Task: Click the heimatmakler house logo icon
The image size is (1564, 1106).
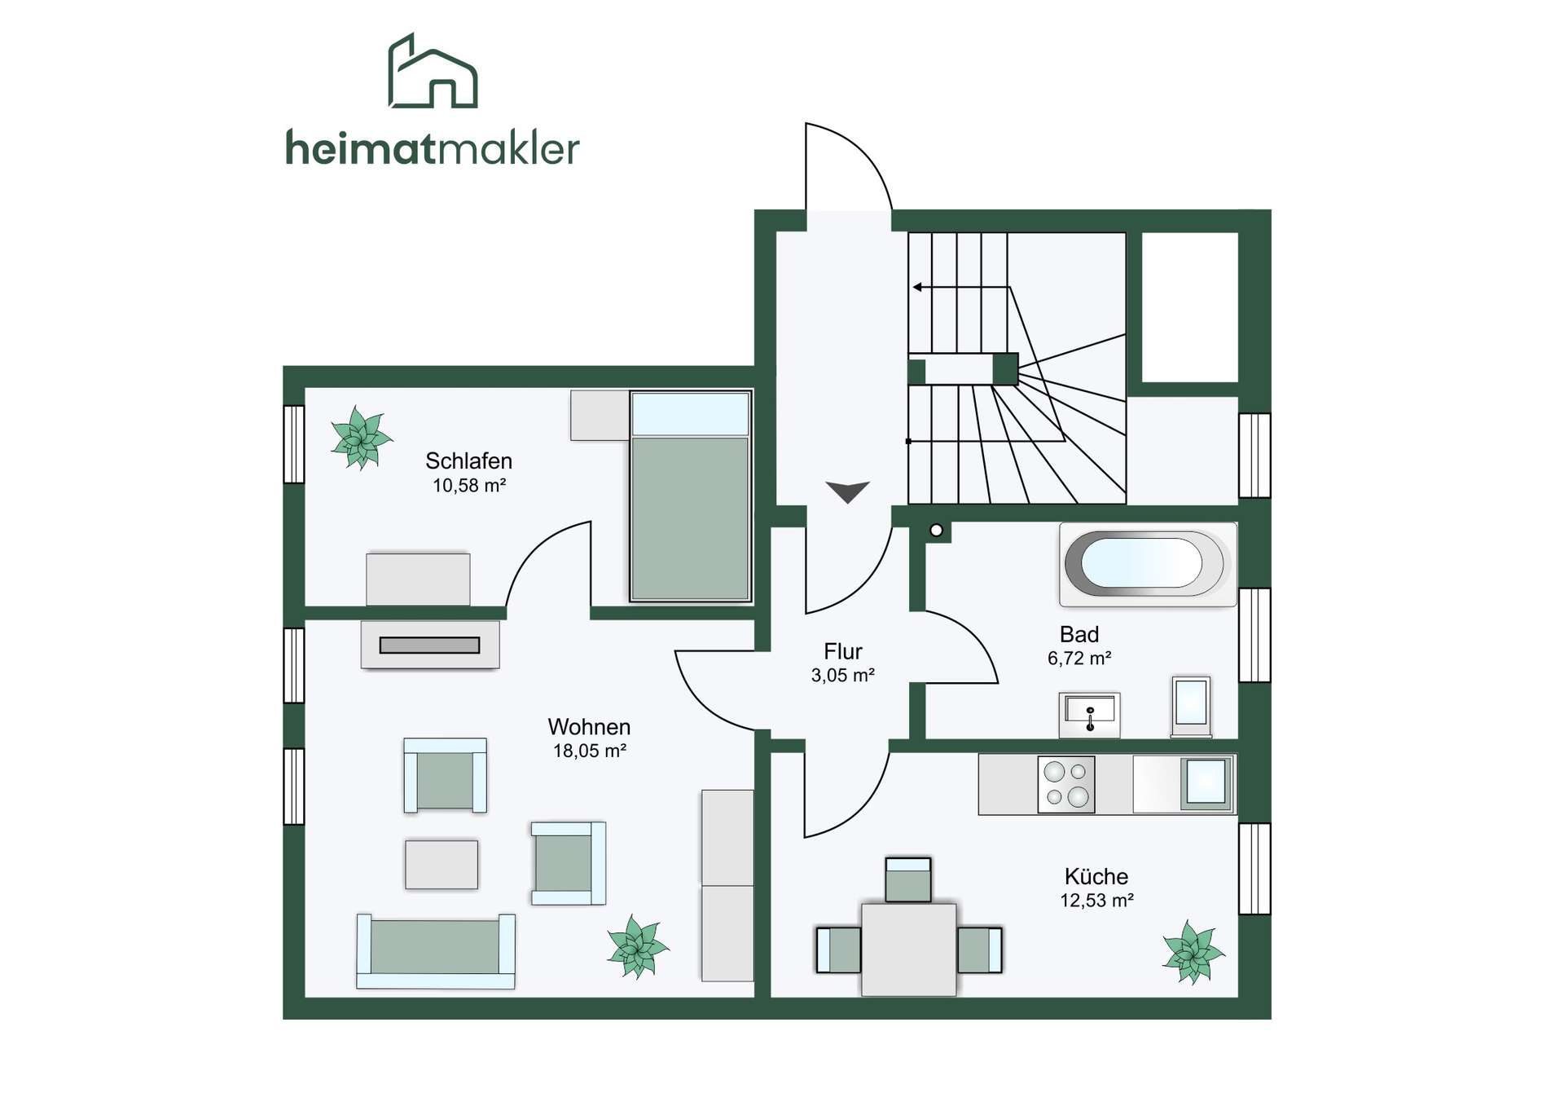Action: (433, 72)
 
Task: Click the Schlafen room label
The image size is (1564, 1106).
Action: (468, 461)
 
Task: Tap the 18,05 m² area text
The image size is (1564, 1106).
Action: (590, 751)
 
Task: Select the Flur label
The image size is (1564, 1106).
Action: (842, 651)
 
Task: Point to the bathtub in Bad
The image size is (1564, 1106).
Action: (1148, 564)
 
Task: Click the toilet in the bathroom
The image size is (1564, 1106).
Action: (1191, 706)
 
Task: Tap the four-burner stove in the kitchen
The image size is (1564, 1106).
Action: (1066, 784)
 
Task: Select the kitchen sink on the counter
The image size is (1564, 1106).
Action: (1206, 783)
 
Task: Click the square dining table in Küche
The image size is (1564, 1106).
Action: (909, 949)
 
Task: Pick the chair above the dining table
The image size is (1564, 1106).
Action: (908, 879)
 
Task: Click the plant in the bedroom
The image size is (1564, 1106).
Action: (361, 438)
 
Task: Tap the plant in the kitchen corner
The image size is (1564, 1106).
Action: (1193, 952)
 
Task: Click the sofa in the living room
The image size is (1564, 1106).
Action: (436, 951)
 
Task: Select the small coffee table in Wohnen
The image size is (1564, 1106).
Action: (442, 864)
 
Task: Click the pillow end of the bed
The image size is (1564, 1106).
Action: (690, 414)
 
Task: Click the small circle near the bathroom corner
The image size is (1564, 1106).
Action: (937, 531)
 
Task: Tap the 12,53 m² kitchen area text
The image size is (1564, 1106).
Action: (1096, 901)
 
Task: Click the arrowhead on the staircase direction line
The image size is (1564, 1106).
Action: (917, 287)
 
